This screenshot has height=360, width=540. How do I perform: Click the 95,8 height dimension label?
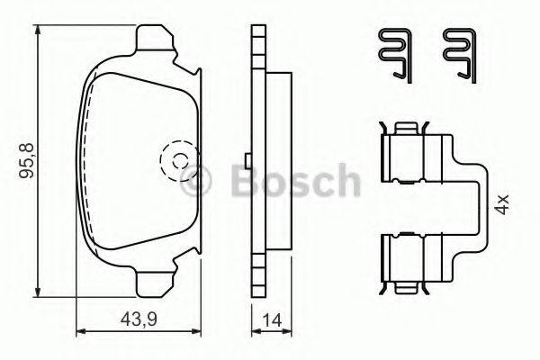(26, 160)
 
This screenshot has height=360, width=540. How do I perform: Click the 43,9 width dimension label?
(139, 319)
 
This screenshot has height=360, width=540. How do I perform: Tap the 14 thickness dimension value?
(272, 320)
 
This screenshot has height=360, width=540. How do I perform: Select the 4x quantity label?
(502, 204)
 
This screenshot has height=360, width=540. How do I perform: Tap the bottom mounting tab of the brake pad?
(154, 283)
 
